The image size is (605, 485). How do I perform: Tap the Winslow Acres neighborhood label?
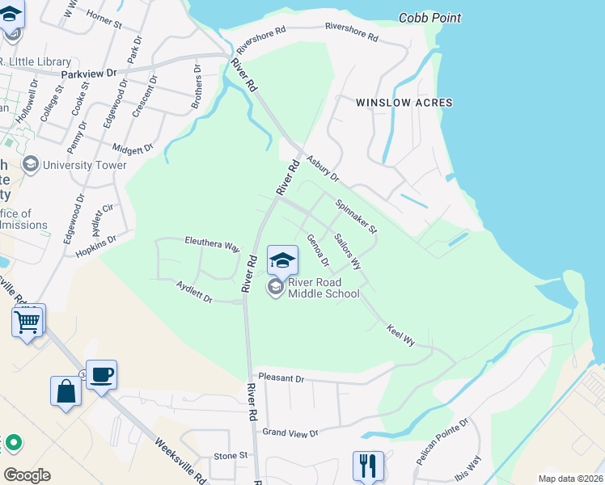click(404, 103)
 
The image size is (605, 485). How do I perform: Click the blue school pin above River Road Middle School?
click(282, 260)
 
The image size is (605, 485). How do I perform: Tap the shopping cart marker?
click(28, 322)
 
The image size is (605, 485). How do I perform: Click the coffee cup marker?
click(102, 376)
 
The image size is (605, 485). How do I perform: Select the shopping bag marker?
click(66, 392)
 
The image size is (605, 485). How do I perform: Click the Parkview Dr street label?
click(89, 72)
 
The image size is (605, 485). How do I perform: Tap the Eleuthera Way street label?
click(213, 245)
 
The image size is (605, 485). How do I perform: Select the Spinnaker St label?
click(357, 217)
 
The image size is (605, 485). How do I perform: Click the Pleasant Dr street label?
click(281, 377)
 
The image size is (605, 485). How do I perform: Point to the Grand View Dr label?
click(290, 433)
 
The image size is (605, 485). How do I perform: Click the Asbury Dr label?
click(323, 171)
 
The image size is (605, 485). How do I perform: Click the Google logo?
click(27, 475)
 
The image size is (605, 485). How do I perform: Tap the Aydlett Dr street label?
click(194, 292)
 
